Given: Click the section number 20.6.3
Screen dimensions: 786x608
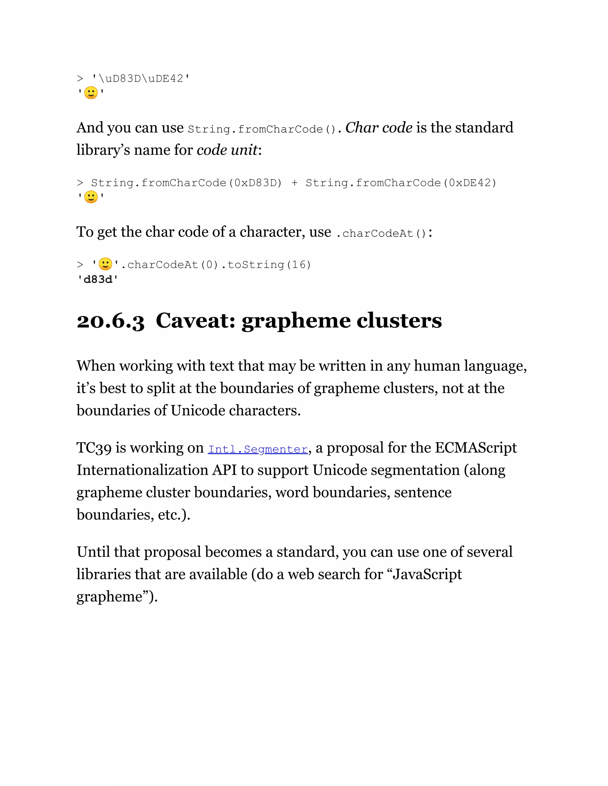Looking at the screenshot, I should (110, 321).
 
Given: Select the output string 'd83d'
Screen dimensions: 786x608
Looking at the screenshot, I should (98, 280).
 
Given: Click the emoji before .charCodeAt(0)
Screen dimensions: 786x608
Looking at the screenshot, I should (105, 264).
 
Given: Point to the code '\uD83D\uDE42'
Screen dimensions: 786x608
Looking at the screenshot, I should (140, 79).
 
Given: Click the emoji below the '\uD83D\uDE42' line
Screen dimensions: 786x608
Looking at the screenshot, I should (91, 93).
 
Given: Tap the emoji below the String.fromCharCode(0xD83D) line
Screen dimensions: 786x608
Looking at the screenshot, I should (91, 197).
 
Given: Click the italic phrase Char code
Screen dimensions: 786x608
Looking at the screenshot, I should (379, 128).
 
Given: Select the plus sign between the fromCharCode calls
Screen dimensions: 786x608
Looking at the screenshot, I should (294, 183).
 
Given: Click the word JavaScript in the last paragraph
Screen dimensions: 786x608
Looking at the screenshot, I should (427, 575).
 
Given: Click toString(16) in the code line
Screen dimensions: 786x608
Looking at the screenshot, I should (269, 265).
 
